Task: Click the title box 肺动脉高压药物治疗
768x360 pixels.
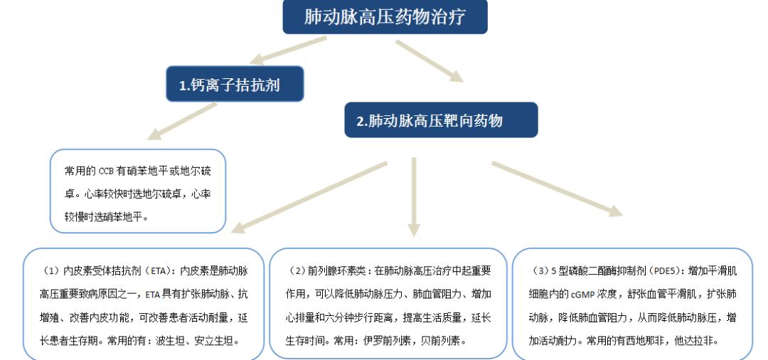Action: [385, 16]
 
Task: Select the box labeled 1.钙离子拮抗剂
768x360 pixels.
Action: [235, 84]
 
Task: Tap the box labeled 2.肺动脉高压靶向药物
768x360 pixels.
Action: [442, 120]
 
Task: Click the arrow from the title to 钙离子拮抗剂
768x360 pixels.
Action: [289, 50]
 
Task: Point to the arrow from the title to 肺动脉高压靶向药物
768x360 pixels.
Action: [430, 60]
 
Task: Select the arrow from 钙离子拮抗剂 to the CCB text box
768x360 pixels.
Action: [182, 121]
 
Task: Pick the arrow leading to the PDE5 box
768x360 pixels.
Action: [557, 189]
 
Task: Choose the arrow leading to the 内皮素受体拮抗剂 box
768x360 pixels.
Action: [309, 197]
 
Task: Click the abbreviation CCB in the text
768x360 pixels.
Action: [106, 171]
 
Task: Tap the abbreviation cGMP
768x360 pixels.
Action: [582, 295]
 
